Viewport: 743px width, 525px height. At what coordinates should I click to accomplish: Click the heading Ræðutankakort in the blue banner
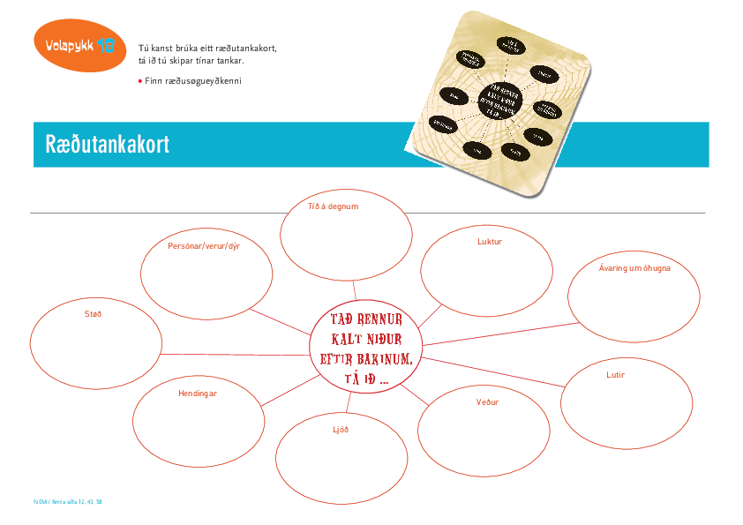click(107, 145)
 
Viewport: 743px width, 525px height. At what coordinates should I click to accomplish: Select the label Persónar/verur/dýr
click(204, 246)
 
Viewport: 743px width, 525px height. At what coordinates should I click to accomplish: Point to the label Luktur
click(490, 241)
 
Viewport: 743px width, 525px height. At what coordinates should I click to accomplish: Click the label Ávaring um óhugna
click(634, 268)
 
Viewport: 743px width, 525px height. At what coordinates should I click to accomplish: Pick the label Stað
click(93, 313)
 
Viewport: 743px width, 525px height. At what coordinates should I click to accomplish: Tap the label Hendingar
click(197, 394)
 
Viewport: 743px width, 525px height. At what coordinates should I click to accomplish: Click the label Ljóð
click(340, 430)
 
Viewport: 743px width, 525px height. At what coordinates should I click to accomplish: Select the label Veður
click(487, 402)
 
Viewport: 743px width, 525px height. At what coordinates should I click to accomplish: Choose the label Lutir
click(615, 375)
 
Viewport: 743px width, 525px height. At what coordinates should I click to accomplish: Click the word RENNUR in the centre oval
click(384, 319)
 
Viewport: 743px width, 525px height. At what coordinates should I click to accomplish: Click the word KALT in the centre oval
click(349, 339)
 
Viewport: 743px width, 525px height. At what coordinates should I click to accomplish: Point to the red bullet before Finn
click(140, 80)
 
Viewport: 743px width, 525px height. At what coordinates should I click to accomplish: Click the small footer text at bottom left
click(68, 502)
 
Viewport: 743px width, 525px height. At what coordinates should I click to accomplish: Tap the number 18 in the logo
click(106, 45)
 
